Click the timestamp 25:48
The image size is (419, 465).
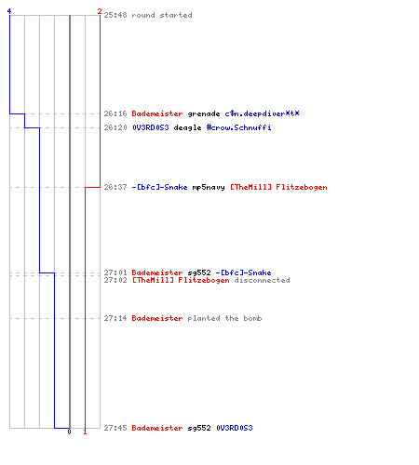pos(115,15)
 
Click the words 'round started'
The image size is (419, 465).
pos(162,15)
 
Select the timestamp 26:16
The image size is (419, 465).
pos(115,113)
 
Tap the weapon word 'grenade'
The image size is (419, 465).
pos(204,113)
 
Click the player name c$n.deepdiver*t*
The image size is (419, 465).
pos(262,113)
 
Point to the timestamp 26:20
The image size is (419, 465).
pos(115,127)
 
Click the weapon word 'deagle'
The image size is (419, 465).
pos(187,127)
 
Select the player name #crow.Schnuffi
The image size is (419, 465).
pos(238,127)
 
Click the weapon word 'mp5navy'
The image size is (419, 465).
pos(209,187)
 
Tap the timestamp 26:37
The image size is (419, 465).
pos(115,187)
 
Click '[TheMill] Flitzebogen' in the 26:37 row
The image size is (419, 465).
pos(278,187)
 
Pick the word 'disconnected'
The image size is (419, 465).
pos(262,280)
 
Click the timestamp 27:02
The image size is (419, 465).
pos(115,280)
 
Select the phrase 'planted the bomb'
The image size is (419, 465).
pos(224,318)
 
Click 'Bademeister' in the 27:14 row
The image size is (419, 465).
pos(157,318)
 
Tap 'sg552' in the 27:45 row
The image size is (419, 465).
pos(199,428)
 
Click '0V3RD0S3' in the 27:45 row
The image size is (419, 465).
pos(235,428)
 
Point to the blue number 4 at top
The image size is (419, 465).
pos(9,11)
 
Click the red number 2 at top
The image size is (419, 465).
pos(100,11)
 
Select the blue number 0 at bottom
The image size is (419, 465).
pos(69,432)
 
